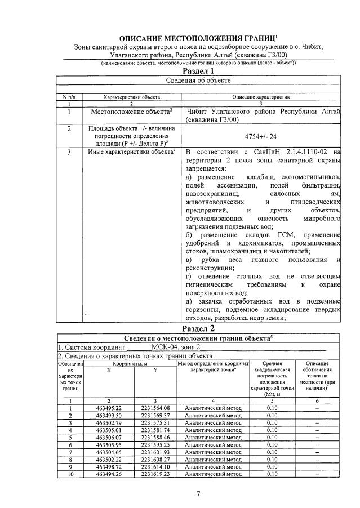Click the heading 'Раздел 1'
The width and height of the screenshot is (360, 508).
coord(199,72)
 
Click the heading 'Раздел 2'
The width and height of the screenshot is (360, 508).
coord(199,328)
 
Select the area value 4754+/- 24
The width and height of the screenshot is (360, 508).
coord(262,136)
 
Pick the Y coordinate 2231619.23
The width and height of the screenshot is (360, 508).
coord(155,474)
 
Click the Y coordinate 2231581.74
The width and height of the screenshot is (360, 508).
coord(155,430)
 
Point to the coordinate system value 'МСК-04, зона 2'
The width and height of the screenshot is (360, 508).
coord(176,346)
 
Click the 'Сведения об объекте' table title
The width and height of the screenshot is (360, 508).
coord(199,81)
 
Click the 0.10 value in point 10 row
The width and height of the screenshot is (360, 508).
coord(272,474)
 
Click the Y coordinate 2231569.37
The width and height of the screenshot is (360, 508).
coord(155,415)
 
